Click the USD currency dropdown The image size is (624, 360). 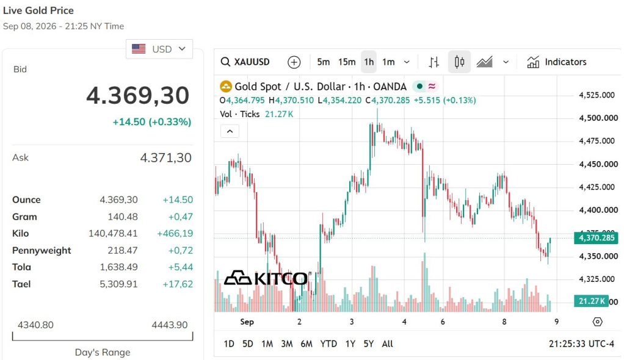[159, 49]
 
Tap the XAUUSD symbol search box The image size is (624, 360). [245, 62]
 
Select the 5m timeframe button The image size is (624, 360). [323, 62]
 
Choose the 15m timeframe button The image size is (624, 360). [347, 62]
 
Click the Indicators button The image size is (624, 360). [556, 62]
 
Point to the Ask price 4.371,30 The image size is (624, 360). [165, 158]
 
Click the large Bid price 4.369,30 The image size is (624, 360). [138, 96]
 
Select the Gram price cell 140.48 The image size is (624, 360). [123, 217]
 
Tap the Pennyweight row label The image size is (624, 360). [42, 251]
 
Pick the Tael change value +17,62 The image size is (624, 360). [178, 284]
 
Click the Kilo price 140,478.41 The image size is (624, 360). [113, 234]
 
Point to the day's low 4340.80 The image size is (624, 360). [35, 325]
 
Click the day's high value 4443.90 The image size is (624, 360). [170, 325]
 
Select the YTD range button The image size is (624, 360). [328, 344]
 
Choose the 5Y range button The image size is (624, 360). [369, 344]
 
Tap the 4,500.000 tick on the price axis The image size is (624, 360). [598, 118]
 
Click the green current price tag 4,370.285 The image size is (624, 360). [596, 238]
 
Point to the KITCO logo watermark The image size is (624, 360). [267, 278]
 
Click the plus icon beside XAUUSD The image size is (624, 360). [294, 62]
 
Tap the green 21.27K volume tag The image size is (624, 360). [591, 301]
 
